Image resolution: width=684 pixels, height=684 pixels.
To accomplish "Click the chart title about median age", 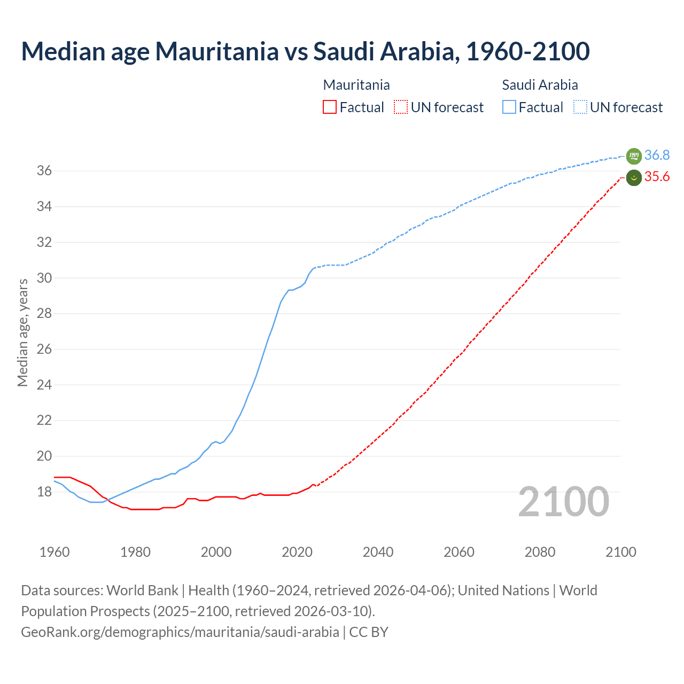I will click(x=305, y=51).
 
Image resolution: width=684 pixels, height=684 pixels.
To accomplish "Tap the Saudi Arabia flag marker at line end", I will click(x=634, y=156).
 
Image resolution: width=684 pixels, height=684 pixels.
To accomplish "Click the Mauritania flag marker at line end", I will click(x=634, y=177).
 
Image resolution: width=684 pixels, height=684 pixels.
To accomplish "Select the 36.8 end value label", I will click(x=657, y=156).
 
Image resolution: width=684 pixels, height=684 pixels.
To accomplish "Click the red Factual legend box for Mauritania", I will click(x=330, y=107).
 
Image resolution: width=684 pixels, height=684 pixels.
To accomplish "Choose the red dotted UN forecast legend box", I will click(x=401, y=107).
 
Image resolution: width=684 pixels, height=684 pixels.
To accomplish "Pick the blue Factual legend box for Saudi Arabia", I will click(x=509, y=107).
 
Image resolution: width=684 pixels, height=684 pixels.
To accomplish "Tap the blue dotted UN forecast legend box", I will click(x=580, y=107).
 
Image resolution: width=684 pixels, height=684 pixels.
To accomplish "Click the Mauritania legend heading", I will click(x=356, y=85).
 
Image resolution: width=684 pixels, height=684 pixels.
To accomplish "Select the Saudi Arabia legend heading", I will click(x=540, y=85).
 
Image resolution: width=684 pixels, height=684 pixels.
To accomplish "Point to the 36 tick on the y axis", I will click(x=44, y=171).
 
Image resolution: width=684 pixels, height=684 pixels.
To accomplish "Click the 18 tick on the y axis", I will click(x=44, y=492).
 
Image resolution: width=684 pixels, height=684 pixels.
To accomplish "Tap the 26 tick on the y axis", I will click(x=44, y=349).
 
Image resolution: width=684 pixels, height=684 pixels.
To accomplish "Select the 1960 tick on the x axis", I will click(x=55, y=552).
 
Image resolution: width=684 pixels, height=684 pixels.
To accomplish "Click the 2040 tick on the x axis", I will click(x=378, y=552).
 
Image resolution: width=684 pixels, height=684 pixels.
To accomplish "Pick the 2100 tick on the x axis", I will click(x=620, y=552).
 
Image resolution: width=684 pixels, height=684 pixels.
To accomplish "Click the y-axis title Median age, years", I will click(x=22, y=332).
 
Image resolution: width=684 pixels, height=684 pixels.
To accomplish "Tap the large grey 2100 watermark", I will click(x=564, y=502).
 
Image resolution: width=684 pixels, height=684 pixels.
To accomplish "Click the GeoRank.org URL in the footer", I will click(x=180, y=632).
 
